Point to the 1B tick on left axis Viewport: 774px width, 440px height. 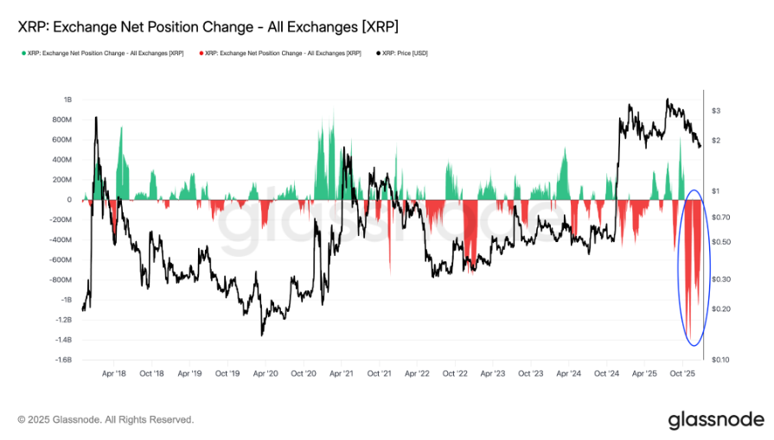pos(67,99)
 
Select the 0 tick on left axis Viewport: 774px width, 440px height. pos(69,200)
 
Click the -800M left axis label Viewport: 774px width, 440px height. pos(60,280)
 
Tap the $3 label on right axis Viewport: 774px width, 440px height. pos(715,111)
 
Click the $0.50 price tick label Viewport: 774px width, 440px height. pos(720,241)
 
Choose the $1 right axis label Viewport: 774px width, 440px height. pos(715,190)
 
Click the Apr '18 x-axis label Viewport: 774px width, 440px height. pos(115,375)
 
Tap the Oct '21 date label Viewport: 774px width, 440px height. pos(380,375)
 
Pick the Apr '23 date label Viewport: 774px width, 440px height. pos(493,375)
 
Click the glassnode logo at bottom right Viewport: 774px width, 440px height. pos(716,420)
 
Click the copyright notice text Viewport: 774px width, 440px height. pos(106,420)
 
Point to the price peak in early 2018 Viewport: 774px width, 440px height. pos(95,118)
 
